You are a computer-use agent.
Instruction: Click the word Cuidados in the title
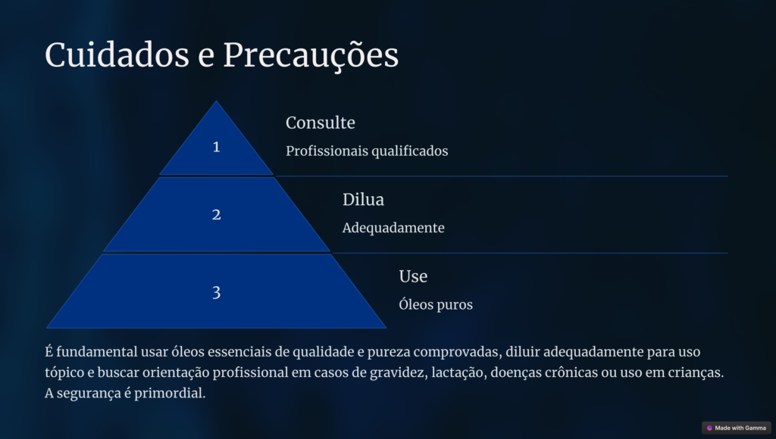(x=117, y=54)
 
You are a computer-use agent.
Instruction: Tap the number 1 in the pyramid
(x=216, y=147)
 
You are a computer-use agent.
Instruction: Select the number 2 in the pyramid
(x=216, y=214)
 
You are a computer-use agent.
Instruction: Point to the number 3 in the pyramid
(x=216, y=293)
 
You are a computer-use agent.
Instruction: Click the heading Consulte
(x=321, y=123)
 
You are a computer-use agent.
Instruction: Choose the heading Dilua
(x=363, y=199)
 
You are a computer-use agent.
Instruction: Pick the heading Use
(x=413, y=276)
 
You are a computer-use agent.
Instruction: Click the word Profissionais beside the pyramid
(x=326, y=151)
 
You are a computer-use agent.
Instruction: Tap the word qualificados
(x=409, y=151)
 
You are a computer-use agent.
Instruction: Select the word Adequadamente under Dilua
(x=393, y=228)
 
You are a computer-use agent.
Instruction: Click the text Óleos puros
(x=436, y=304)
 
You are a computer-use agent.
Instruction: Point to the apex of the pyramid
(x=216, y=101)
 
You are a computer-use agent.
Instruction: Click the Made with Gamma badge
(x=737, y=428)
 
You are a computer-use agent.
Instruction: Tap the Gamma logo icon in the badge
(x=709, y=428)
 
